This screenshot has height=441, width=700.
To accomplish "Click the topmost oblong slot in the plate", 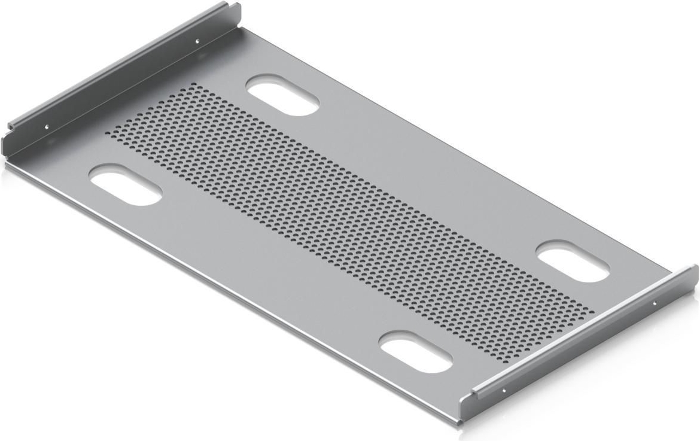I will click(282, 95).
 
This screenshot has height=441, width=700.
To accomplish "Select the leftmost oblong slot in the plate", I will click(125, 185).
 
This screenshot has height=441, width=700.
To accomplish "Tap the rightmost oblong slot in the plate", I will click(573, 261).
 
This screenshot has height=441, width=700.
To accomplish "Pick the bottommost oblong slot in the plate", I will click(416, 352).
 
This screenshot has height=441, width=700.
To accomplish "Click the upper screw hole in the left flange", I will click(198, 41).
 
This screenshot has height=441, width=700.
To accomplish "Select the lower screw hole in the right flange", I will click(503, 391).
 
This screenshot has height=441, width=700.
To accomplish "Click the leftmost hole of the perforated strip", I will click(108, 132).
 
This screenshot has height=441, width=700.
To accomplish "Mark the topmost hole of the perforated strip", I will click(192, 86).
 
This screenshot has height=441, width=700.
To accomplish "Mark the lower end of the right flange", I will click(465, 407).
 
